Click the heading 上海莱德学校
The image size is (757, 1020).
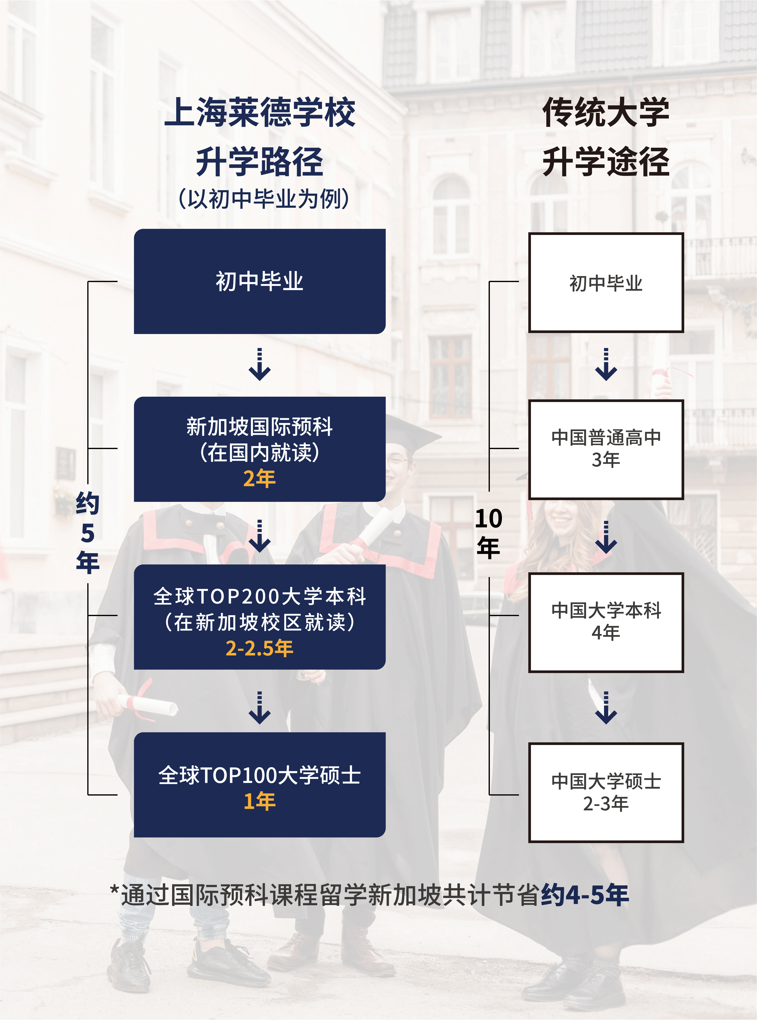tap(259, 113)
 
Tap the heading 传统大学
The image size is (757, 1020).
tap(606, 113)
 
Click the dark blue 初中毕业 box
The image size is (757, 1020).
tap(259, 281)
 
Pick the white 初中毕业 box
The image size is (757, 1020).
tap(606, 283)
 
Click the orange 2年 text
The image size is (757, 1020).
tap(259, 478)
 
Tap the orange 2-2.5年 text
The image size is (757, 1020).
tap(259, 648)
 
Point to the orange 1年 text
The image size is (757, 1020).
tap(259, 801)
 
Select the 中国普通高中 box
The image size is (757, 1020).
tap(606, 449)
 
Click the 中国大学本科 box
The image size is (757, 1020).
tap(606, 622)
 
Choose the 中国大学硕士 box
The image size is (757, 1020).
tap(606, 793)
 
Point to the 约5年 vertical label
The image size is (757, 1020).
tap(87, 532)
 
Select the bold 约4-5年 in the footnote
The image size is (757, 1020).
tap(585, 895)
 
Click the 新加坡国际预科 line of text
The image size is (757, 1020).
tap(259, 427)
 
